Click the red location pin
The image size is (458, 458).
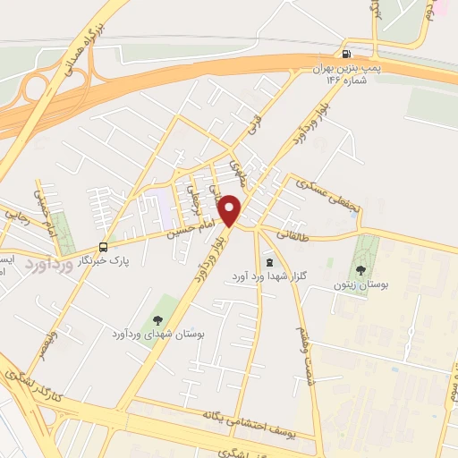coord(230,210)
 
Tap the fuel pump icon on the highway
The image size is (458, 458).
coord(346,54)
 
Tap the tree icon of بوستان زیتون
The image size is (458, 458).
coord(360,269)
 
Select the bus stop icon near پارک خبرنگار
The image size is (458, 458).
coord(105,247)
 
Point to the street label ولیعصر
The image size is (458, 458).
coord(50,344)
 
